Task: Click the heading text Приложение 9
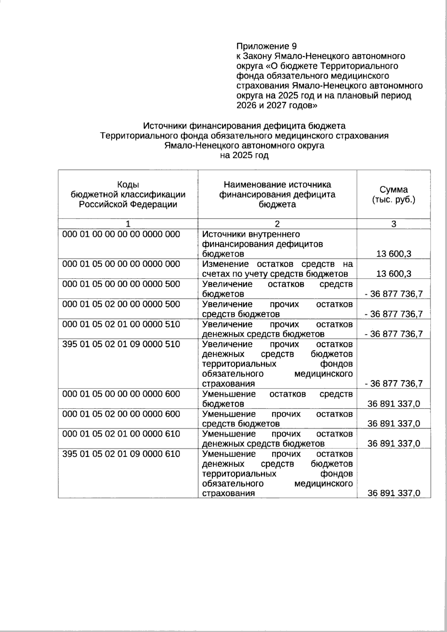pos(267,47)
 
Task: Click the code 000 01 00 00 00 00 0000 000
pos(121,234)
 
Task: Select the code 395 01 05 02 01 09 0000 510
pos(121,344)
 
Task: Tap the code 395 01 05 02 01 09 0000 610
pos(121,454)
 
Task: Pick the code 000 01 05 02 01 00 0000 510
pos(121,324)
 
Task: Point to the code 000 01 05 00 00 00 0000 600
pos(121,394)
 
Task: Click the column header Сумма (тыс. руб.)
pos(394,195)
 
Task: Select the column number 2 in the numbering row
pos(277,224)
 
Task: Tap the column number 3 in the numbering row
pos(394,224)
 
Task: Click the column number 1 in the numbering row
pos(128,224)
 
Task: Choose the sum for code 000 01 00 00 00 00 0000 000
pos(394,254)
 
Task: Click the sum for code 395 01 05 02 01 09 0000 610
pos(394,493)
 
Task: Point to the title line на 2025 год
pos(244,156)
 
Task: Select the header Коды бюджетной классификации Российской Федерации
pos(128,195)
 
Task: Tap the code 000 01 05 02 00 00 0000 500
pos(121,304)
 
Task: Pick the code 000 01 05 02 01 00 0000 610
pos(121,434)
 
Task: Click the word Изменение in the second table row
pos(225,264)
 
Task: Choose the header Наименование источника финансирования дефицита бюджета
pos(277,194)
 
